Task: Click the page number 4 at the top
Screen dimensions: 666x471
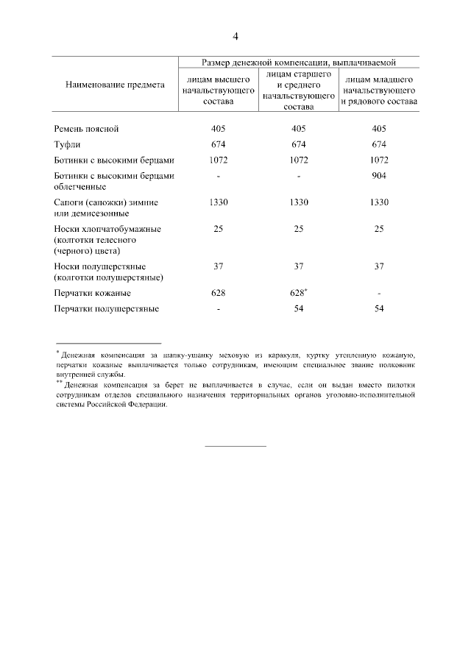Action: pyautogui.click(x=235, y=37)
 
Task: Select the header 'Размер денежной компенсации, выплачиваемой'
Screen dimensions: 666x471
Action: pyautogui.click(x=299, y=62)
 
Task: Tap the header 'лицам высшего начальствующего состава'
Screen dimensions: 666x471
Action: pyautogui.click(x=217, y=89)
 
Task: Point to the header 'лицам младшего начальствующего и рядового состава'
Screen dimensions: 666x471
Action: pyautogui.click(x=379, y=89)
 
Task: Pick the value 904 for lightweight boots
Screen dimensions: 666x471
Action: pyautogui.click(x=379, y=176)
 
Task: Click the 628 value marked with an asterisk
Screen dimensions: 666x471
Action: pyautogui.click(x=297, y=293)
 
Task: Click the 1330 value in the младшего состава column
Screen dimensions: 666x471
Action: pyautogui.click(x=379, y=202)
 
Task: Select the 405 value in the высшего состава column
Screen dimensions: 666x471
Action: pyautogui.click(x=218, y=129)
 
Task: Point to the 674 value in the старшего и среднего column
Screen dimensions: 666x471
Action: pyautogui.click(x=298, y=144)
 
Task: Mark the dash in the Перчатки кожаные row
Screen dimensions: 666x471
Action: pyautogui.click(x=379, y=294)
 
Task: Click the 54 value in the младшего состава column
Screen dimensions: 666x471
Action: pyautogui.click(x=379, y=308)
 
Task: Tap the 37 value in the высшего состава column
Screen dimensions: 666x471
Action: pyautogui.click(x=218, y=266)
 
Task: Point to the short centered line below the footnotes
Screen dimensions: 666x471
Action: pyautogui.click(x=235, y=446)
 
